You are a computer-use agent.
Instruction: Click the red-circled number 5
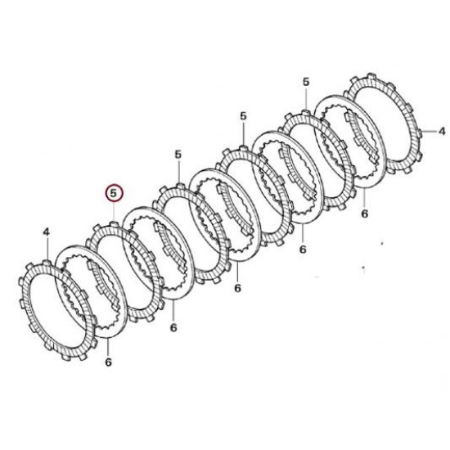pos(114,193)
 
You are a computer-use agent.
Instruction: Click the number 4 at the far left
pos(46,232)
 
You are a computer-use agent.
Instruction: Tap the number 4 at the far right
pos(442,131)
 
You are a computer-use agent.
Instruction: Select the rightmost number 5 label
pos(306,82)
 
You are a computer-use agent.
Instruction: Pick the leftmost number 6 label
pos(108,362)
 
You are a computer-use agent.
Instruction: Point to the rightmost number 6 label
pos(364,214)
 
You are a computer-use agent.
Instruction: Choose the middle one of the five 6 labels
pos(237,288)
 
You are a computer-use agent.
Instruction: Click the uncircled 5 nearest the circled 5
pos(178,155)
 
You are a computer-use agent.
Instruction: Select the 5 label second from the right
pos(243,116)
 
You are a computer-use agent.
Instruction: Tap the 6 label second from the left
pos(173,327)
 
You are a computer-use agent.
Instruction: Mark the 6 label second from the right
pos(303,250)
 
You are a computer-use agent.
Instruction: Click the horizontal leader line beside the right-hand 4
pos(429,132)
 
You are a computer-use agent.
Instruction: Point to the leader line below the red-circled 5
pos(114,212)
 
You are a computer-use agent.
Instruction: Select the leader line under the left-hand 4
pos(47,249)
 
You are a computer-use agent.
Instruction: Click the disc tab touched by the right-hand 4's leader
pos(419,133)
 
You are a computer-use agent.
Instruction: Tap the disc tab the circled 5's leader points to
pos(114,224)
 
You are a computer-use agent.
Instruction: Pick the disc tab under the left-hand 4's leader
pos(47,263)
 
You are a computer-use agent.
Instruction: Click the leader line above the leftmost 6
pos(108,347)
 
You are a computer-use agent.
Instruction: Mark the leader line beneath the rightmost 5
pos(306,99)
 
